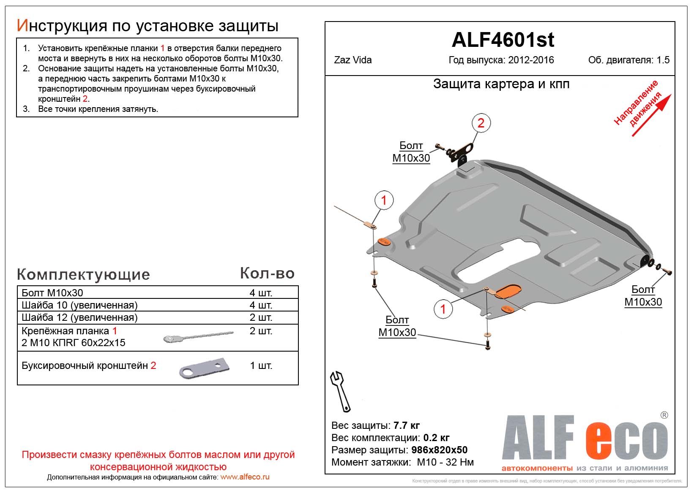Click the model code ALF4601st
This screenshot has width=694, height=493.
[503, 40]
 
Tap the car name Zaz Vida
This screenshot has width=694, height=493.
[353, 60]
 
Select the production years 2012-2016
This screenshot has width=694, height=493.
[531, 60]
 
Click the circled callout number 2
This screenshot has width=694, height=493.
[481, 123]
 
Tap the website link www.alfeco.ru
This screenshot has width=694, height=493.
[245, 477]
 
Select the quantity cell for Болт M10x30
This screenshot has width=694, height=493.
[261, 293]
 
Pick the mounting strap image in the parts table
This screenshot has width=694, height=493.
[198, 337]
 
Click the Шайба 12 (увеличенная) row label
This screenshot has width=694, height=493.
[79, 317]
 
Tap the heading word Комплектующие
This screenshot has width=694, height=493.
[83, 275]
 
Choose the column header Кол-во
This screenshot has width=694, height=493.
[267, 274]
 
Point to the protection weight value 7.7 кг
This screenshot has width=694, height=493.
[407, 425]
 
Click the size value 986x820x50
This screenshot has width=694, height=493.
[437, 450]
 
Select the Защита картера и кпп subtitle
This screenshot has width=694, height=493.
[501, 84]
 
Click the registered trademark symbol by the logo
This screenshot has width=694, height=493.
[664, 415]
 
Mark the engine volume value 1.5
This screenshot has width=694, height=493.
[663, 60]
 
